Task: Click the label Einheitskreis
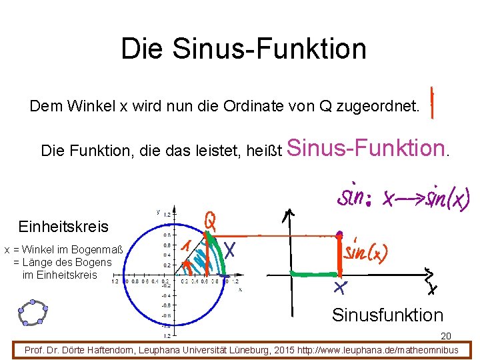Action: point(63,227)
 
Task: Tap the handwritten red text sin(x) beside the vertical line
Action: point(366,251)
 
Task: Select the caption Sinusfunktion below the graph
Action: point(387,315)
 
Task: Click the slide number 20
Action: point(446,337)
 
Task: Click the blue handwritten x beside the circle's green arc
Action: point(231,249)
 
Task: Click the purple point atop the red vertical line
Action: point(339,235)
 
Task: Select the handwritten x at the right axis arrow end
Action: point(433,287)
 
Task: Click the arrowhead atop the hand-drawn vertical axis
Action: point(289,215)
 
